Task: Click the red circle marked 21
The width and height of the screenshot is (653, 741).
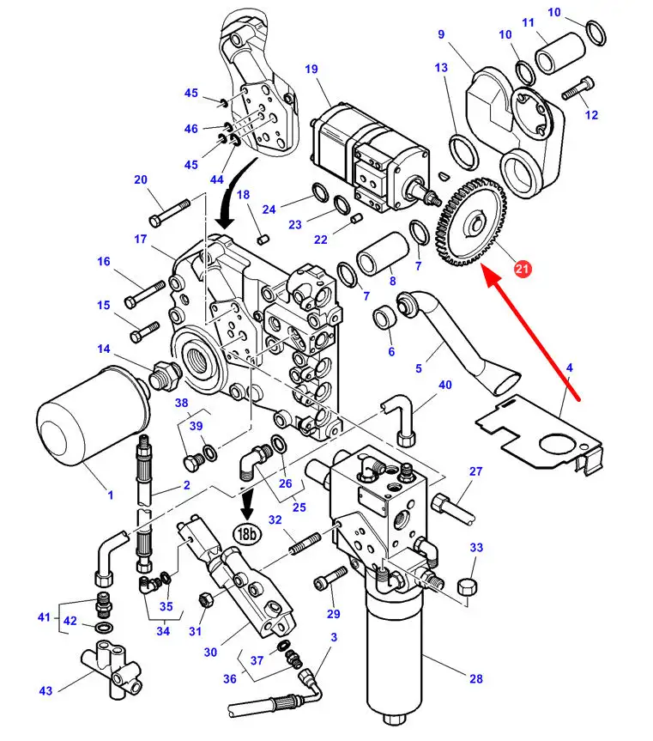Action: point(523,270)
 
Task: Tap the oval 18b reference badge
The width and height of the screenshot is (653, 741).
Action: point(247,533)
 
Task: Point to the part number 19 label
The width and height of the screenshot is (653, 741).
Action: point(311,68)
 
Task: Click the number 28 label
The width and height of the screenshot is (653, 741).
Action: point(476,679)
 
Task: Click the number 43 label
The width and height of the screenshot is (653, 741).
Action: point(45,691)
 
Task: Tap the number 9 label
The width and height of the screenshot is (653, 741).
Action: point(441,34)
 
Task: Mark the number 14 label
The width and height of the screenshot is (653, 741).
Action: point(104,349)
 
